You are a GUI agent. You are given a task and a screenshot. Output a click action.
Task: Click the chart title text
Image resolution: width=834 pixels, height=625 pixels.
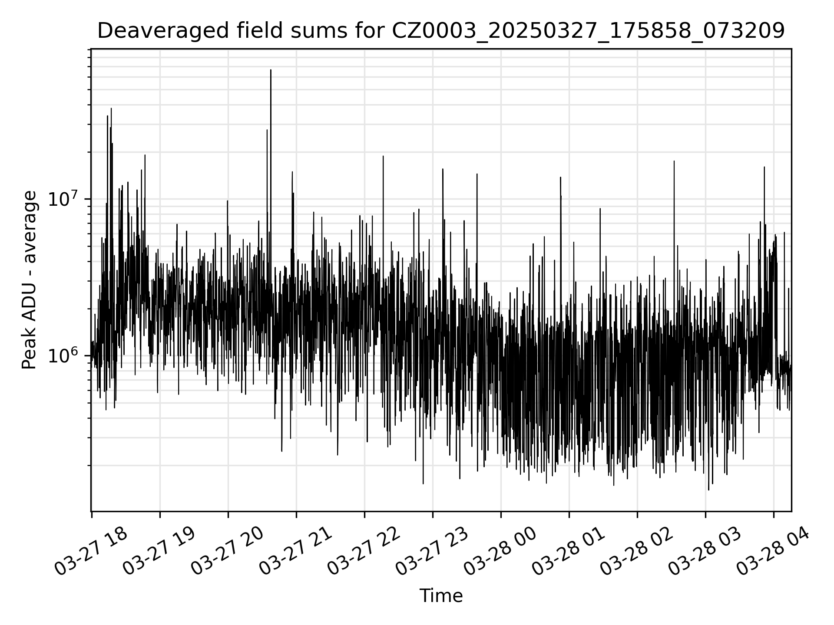(440, 31)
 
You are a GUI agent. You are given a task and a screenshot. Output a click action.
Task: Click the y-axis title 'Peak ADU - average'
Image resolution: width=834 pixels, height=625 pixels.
(30, 280)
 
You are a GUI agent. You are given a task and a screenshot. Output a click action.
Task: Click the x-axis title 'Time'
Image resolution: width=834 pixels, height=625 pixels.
(441, 596)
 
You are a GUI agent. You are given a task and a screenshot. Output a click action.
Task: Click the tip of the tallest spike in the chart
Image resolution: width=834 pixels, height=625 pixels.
(271, 70)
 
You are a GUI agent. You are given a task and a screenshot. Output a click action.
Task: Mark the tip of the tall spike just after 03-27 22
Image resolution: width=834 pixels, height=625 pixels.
(383, 156)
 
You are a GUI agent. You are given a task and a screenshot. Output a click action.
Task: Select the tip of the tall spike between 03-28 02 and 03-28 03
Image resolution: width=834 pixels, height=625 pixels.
(674, 161)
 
